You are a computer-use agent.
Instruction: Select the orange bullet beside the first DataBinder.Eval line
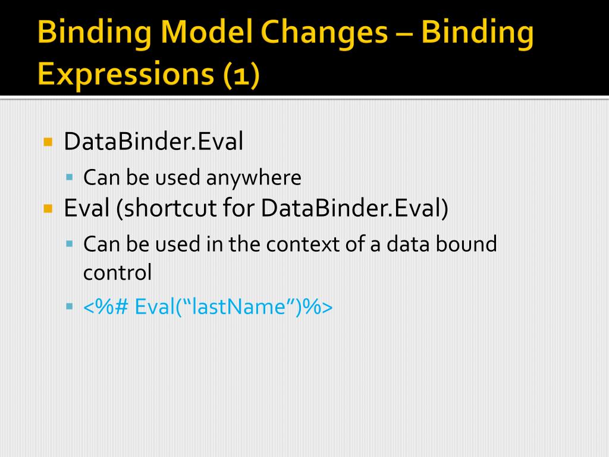click(x=48, y=143)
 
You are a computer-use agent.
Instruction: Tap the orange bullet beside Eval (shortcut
click(x=48, y=209)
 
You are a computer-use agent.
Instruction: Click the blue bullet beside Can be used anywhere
click(x=70, y=177)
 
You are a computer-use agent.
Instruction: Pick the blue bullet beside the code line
click(x=70, y=307)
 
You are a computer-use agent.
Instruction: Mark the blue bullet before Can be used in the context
click(x=70, y=243)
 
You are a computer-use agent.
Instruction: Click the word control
click(x=117, y=273)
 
